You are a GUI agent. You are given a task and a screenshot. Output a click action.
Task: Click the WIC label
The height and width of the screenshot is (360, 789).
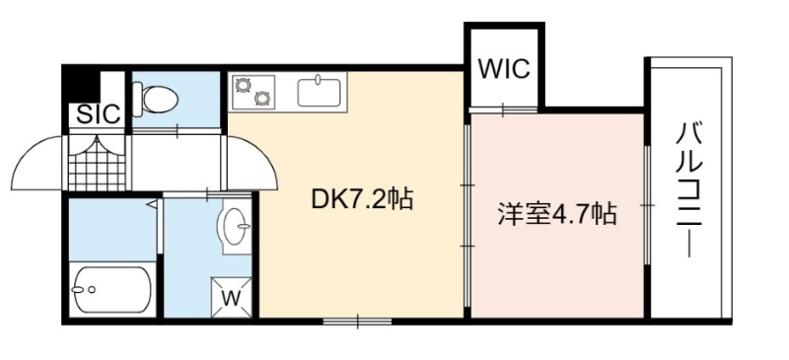pos(504,68)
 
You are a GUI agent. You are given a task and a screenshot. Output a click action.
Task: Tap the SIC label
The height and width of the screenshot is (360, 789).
pos(99,114)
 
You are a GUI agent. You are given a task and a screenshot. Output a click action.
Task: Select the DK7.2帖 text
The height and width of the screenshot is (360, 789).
pos(362,200)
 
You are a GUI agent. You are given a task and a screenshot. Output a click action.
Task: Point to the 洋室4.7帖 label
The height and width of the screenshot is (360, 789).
pos(557,214)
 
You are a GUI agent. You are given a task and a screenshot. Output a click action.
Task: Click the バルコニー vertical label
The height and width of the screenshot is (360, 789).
pos(688,190)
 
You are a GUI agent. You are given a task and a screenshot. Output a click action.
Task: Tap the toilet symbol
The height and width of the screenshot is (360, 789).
pos(156,99)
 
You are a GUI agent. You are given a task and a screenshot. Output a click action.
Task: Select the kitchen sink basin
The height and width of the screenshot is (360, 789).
pos(319,91)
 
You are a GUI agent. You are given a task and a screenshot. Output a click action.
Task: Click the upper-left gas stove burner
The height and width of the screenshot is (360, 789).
pos(244,85)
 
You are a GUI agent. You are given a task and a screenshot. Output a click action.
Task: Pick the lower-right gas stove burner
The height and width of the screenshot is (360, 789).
pos(261,98)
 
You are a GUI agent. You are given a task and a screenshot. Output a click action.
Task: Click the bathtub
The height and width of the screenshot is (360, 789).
pos(111,290)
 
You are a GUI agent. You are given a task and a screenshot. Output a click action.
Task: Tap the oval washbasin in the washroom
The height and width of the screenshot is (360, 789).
pos(235,225)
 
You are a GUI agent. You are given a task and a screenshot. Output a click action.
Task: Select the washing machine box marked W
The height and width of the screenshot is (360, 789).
pos(231,298)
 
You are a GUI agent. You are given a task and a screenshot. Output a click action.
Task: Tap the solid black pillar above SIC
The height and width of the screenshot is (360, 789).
pos(82,85)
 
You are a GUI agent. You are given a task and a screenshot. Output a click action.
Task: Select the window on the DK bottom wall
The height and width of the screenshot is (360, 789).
pos(357,321)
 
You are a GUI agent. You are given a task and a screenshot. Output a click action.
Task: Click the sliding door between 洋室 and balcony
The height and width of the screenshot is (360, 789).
pos(648,205)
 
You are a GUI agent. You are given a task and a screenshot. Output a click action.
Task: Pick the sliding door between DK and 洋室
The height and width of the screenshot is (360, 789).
pos(467,215)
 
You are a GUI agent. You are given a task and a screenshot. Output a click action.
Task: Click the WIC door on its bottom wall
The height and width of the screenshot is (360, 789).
pos(503,109)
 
